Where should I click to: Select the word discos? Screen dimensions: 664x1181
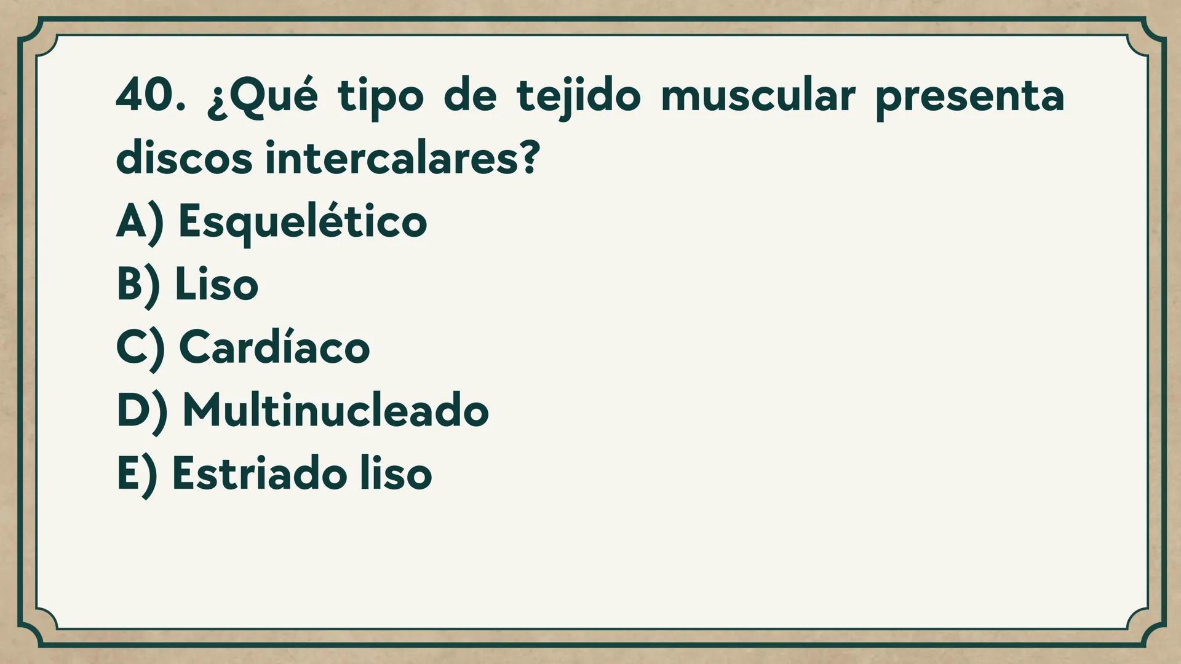point(184,159)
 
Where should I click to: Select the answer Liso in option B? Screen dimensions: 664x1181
point(217,285)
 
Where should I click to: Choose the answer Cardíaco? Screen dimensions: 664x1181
point(274,347)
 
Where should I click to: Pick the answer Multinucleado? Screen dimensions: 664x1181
point(335,410)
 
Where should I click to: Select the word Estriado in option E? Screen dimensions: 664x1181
point(259,473)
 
